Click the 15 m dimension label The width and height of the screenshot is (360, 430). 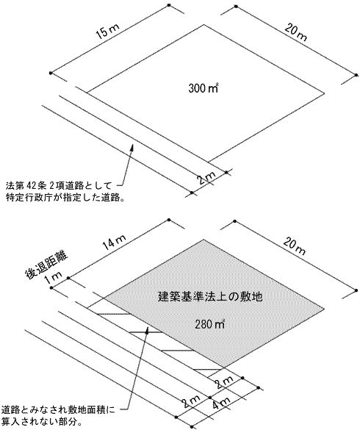107,32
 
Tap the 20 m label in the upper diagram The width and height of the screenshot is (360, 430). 295,32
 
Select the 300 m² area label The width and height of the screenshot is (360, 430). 204,88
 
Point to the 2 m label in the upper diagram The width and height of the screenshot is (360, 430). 207,179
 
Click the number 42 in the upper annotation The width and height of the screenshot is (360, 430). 30,186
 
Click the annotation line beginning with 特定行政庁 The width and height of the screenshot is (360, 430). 65,198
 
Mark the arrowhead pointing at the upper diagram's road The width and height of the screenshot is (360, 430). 132,147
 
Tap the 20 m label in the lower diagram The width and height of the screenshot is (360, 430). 295,247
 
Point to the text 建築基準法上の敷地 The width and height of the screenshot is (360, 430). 210,296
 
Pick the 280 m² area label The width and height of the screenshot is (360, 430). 210,324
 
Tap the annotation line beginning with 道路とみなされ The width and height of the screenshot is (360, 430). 58,410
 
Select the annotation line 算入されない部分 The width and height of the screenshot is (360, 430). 42,421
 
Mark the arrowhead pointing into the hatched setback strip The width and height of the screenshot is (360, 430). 148,330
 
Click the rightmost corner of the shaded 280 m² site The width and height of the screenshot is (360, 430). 324,309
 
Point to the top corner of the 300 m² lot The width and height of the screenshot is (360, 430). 204,25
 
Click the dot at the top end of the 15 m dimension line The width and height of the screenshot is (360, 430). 169,5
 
